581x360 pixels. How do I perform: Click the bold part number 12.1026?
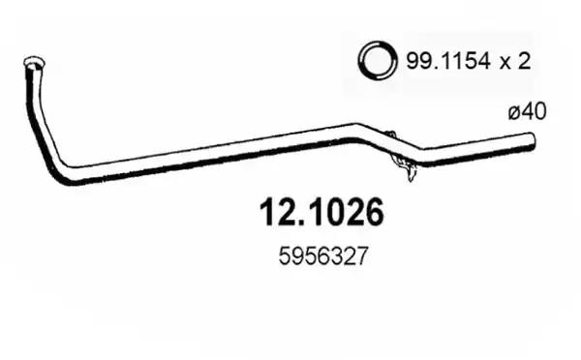[322, 212]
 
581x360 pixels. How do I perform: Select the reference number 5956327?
[323, 256]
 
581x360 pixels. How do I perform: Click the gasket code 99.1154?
[448, 61]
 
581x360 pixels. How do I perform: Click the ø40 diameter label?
[528, 111]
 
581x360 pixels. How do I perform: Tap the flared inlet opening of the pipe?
[34, 63]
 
